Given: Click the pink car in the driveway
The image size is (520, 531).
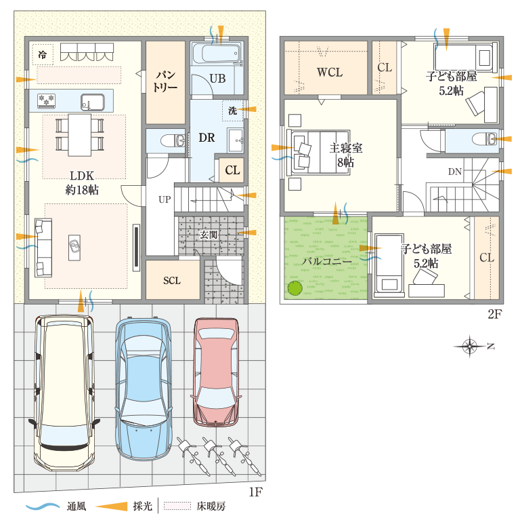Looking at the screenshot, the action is coord(217,372).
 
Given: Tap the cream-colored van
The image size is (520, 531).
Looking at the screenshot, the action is coord(64,393).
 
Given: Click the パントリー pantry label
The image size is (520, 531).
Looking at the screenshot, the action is coord(165,81).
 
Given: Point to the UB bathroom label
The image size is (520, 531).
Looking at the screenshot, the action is coord(217,79).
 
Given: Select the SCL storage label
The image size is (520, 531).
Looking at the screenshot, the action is coord(172,280).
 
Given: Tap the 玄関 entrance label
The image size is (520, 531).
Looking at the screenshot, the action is coord(209,235).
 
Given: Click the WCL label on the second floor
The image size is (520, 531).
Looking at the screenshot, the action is coord(330,72).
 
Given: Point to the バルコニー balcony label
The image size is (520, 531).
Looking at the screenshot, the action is coord(326,262).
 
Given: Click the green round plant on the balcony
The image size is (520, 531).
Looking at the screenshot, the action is coord(295,288).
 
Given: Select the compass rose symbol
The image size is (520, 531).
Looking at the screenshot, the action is coord(470,346).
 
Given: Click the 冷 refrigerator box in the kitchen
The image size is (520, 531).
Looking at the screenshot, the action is coord(43,54).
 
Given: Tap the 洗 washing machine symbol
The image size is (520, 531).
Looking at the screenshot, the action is coord(233,111).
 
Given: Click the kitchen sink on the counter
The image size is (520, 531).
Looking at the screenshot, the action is coord(92,102).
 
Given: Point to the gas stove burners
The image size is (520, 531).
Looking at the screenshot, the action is coord(46,100).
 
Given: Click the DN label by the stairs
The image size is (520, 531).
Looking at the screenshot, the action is coord(455,172).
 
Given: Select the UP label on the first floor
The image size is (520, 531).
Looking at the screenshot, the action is coord(165,199).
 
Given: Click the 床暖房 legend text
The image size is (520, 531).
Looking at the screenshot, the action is coord(211,507).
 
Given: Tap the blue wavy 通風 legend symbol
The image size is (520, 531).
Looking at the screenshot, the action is coord(43,507).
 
